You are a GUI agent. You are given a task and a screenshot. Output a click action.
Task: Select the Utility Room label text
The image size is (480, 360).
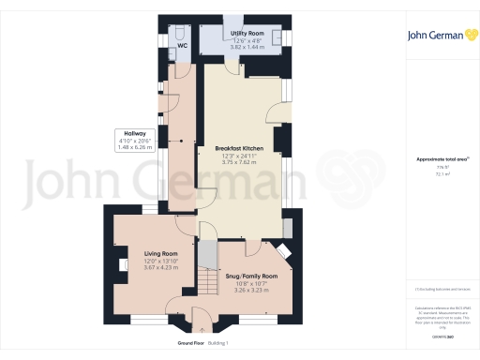(243, 32)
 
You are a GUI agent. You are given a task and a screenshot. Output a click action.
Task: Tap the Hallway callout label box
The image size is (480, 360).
(134, 139)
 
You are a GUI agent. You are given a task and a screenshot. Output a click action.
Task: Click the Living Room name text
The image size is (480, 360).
(161, 253)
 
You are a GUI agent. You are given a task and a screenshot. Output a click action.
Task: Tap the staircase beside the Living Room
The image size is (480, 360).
(207, 277)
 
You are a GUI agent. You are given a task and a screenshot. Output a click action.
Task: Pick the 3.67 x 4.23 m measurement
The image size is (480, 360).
(161, 268)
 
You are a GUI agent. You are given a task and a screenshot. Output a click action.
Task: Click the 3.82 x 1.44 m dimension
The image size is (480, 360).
(243, 46)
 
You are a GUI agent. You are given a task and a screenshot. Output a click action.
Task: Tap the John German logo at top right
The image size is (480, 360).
(439, 37)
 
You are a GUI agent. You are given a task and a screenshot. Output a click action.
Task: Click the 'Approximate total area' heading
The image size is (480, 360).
(438, 159)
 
